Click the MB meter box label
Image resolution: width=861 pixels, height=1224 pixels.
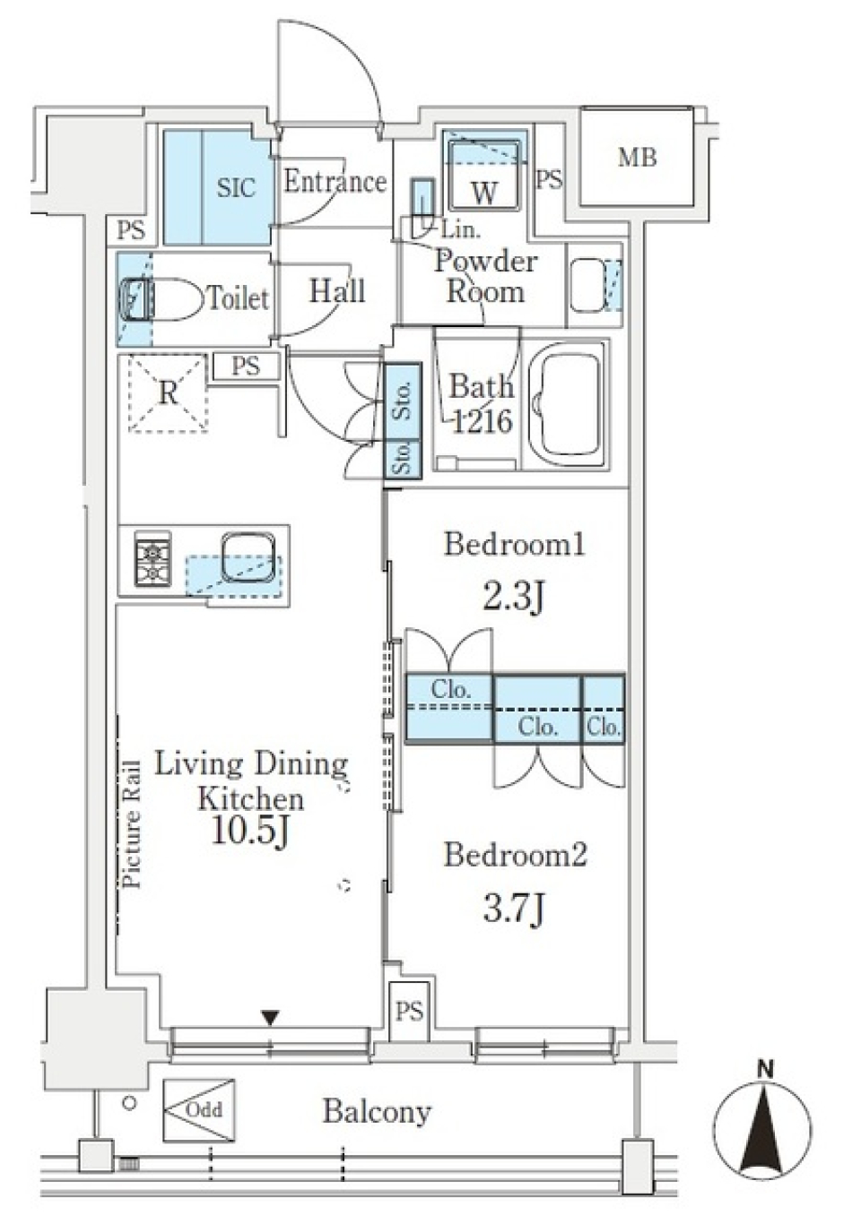pos(637,158)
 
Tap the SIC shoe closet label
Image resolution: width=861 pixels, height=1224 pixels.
pos(236,188)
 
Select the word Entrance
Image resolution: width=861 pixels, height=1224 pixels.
pos(335,182)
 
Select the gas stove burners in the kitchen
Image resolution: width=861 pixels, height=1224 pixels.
pos(152,559)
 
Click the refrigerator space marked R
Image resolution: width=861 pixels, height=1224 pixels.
pos(168,393)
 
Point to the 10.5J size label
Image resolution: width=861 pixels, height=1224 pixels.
pos(250,831)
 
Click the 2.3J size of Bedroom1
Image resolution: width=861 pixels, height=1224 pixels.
pos(513,596)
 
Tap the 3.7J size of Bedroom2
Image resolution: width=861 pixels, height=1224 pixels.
pos(513,909)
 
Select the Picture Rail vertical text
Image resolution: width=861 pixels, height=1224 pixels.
pos(132,823)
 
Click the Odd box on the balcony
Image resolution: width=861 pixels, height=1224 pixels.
pos(199,1109)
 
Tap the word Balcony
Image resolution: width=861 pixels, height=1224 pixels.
pos(377,1112)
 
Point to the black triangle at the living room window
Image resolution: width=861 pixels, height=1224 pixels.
pos(270,1017)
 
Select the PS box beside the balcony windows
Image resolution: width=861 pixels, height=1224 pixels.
pos(409,1012)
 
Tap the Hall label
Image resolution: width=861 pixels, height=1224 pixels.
pos(337,291)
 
